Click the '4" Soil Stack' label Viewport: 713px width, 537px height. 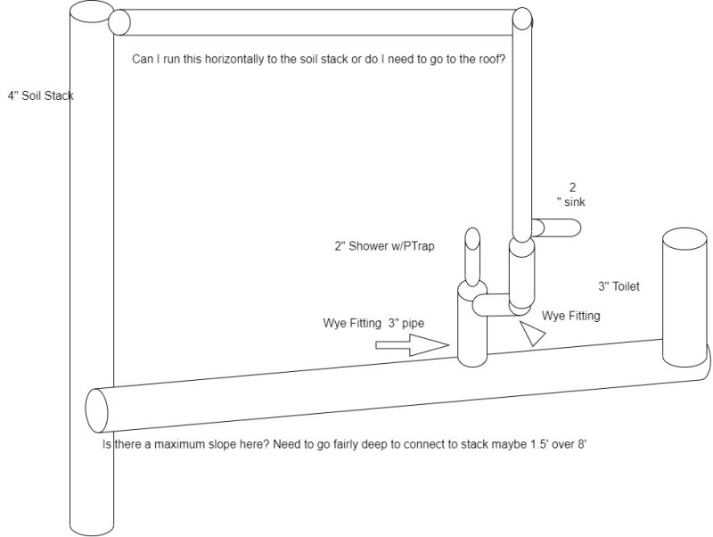pos(40,95)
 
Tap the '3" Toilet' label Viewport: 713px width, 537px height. pos(619,286)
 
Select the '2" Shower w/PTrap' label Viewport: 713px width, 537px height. pos(385,246)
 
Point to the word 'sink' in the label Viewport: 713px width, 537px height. pos(574,202)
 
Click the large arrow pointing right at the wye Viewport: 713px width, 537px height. pos(412,345)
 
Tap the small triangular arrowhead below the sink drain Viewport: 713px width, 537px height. pos(532,334)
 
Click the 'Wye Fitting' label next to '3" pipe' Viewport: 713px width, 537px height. pos(352,323)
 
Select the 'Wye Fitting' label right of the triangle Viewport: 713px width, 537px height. pos(570,316)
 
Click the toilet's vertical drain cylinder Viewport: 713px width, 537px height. pos(684,297)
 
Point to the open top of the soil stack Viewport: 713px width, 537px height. pos(92,12)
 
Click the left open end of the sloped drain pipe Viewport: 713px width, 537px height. pos(97,410)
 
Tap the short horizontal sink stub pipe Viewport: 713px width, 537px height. pos(556,227)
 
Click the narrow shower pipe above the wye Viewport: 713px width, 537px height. pos(473,257)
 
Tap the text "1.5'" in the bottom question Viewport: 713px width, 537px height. pos(540,443)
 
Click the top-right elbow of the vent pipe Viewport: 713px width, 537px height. pos(522,19)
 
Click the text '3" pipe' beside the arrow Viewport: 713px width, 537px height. pos(406,323)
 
